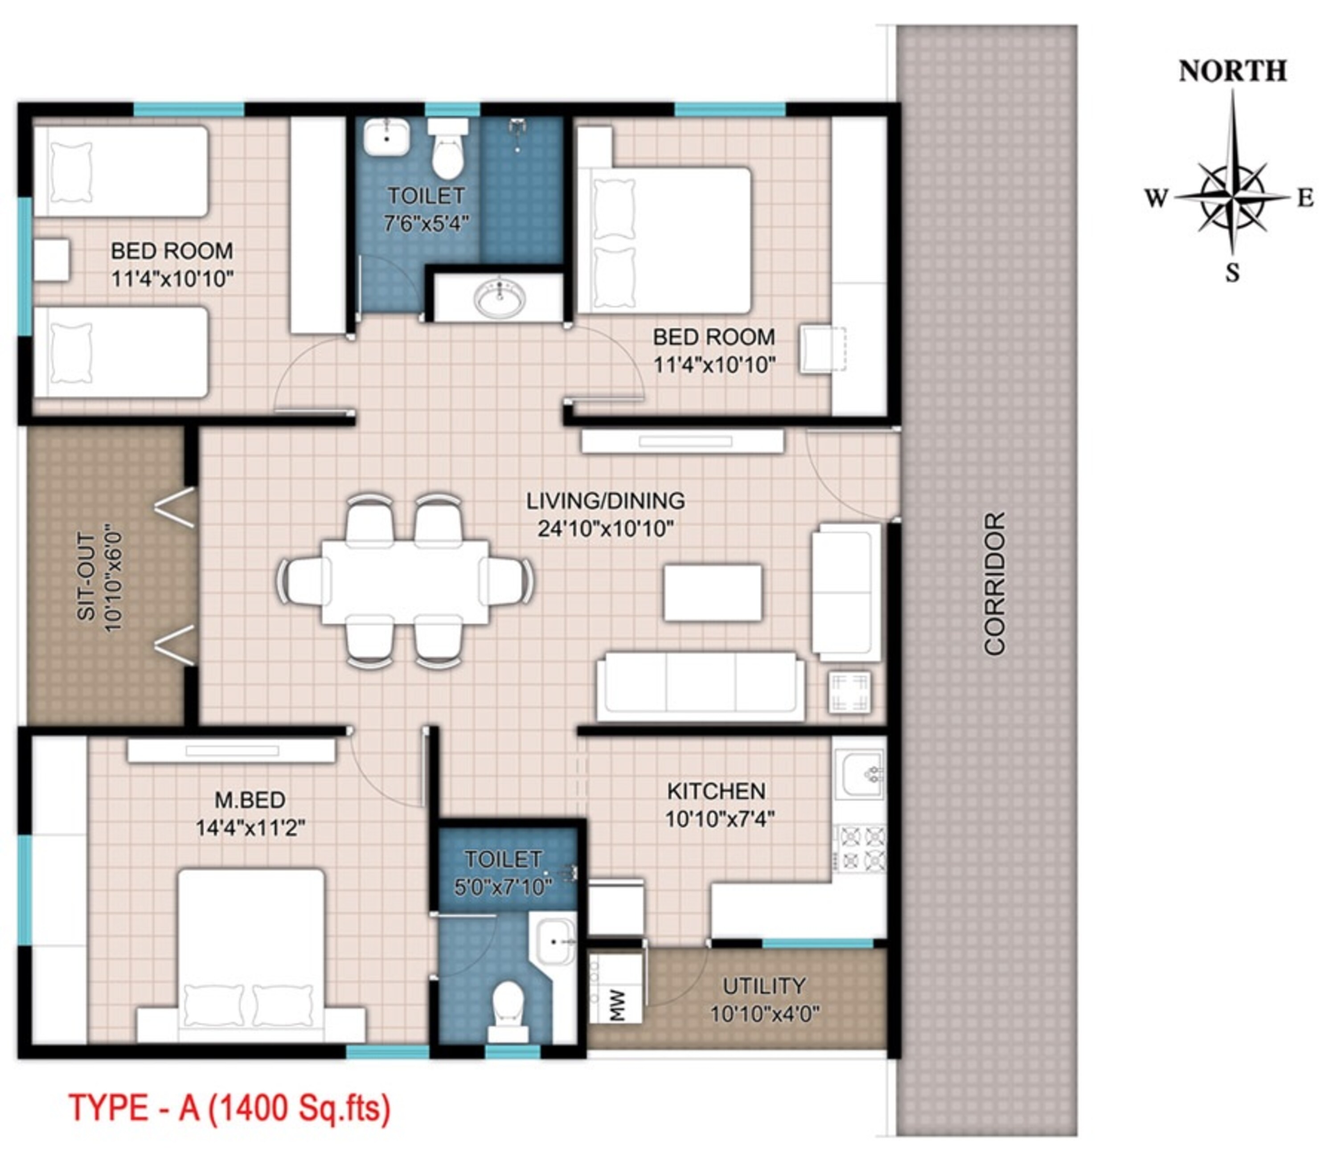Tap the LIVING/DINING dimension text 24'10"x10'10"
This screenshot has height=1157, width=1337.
click(605, 529)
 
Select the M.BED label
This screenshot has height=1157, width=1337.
click(250, 800)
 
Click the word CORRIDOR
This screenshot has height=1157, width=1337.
click(995, 585)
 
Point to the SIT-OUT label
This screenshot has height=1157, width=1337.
click(86, 576)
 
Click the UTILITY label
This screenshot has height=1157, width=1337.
click(763, 986)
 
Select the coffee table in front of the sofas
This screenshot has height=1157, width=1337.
click(713, 593)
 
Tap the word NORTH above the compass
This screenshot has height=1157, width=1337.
click(1232, 71)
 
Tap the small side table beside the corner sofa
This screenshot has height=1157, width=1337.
click(850, 693)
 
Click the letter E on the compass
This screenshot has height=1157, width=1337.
click(1305, 197)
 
